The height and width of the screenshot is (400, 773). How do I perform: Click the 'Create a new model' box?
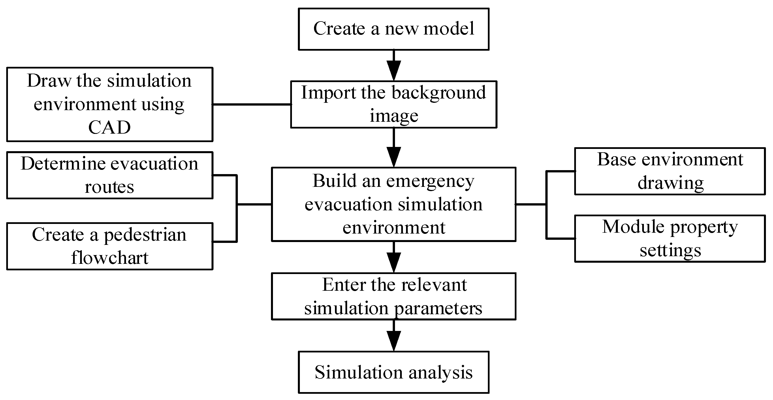pos(393,29)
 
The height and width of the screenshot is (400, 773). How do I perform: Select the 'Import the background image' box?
pos(393,104)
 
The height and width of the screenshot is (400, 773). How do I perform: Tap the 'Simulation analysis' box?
pos(393,372)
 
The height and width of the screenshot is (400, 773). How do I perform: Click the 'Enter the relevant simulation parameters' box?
pos(393,296)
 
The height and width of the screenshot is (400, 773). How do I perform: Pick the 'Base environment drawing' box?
pos(670,171)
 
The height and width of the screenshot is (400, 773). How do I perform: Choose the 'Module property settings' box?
pos(670,238)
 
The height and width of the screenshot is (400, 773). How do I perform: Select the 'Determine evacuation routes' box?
pos(110,175)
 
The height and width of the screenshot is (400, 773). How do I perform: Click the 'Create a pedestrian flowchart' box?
pos(110,246)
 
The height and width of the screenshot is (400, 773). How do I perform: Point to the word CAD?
pos(110,127)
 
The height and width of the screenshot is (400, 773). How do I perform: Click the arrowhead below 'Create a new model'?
pos(393,70)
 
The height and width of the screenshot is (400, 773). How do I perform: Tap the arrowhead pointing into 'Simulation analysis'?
pos(393,340)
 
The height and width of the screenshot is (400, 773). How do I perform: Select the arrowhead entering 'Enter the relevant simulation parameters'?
pos(393,262)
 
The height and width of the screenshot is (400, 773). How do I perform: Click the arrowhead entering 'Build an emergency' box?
pos(393,156)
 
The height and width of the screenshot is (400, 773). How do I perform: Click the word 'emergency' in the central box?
pos(430,181)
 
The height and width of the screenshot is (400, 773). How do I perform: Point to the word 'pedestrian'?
pos(145,236)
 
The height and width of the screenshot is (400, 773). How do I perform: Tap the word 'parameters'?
pos(438,308)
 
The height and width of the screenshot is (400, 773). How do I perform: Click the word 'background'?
pos(438,93)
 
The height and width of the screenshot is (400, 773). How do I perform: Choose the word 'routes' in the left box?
pos(109,187)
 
